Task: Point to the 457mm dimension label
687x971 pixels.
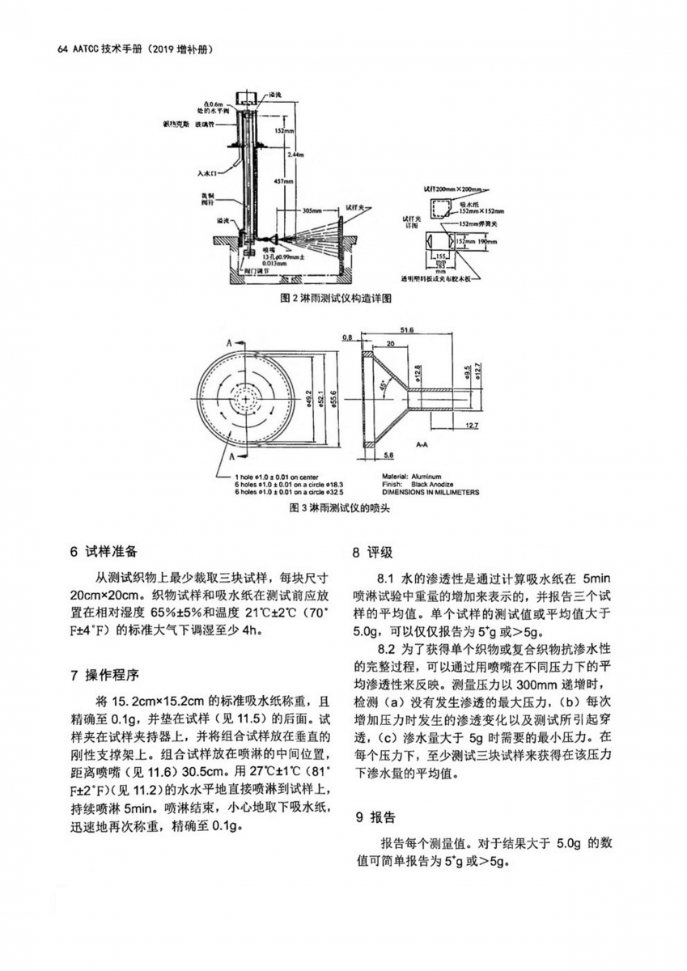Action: coord(282,180)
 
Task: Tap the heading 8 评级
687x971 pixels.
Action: coord(372,553)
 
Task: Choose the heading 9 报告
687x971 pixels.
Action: coord(372,816)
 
